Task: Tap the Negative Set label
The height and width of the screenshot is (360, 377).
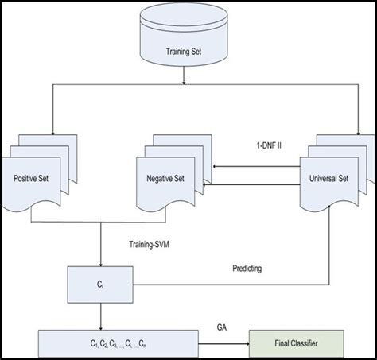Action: (x=173, y=178)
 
